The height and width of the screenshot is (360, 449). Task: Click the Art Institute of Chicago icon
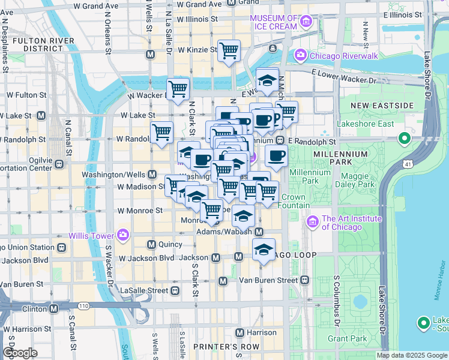point(313,223)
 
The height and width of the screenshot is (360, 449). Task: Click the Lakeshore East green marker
point(405,139)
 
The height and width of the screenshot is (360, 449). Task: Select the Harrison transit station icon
point(240,332)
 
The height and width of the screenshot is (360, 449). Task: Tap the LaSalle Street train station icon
point(175,290)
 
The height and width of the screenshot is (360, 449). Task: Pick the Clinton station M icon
point(54,308)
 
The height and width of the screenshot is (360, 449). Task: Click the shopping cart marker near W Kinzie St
point(229,52)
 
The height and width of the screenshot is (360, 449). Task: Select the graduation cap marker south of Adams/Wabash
point(263,250)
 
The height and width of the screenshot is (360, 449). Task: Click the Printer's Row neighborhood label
point(226,347)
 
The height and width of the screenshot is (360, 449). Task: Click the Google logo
point(20,353)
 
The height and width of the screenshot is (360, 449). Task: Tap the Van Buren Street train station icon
point(305,280)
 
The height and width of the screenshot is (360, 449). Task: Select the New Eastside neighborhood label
point(382,106)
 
